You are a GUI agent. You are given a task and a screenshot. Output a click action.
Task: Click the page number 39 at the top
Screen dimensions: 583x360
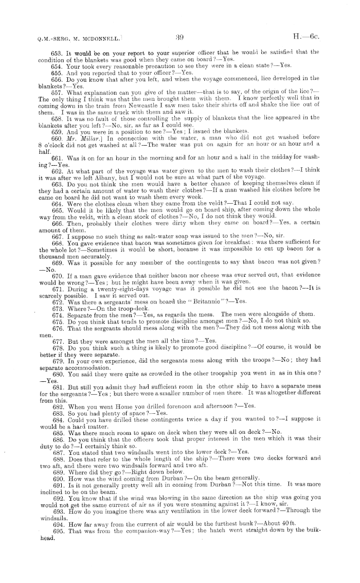179,37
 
